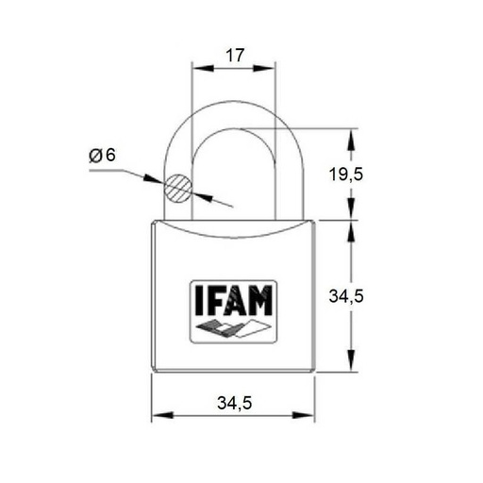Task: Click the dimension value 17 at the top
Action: coord(234,56)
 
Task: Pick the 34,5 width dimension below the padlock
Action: coord(234,403)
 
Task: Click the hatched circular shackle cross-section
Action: coord(177,187)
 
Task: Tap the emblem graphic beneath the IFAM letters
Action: coord(234,328)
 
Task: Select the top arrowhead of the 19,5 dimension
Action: coord(353,136)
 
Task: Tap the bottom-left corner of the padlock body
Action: coord(155,371)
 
